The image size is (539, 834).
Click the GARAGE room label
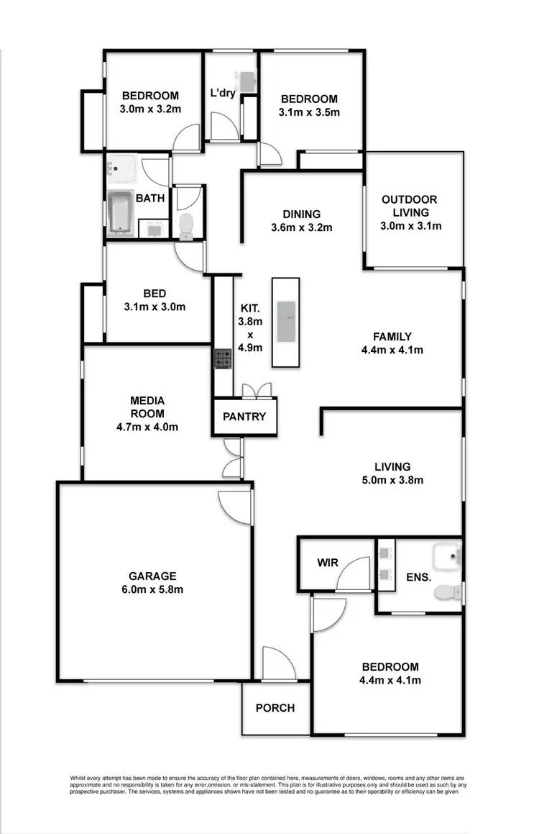(152, 576)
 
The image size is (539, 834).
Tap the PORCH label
(275, 708)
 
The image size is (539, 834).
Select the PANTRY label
(244, 417)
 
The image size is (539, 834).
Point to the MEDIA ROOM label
(147, 407)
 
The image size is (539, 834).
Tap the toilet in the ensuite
(446, 591)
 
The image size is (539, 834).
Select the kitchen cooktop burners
(222, 358)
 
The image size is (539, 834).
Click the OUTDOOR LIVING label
(410, 206)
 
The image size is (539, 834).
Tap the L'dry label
(223, 93)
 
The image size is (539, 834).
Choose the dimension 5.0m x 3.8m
(392, 480)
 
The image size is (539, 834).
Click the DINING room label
(301, 214)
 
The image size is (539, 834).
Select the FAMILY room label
(392, 337)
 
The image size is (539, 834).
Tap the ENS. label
(418, 577)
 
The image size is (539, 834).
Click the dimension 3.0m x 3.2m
(150, 109)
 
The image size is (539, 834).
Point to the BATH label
(150, 198)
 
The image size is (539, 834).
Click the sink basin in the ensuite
(448, 556)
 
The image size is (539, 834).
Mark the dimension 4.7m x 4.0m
(147, 427)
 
